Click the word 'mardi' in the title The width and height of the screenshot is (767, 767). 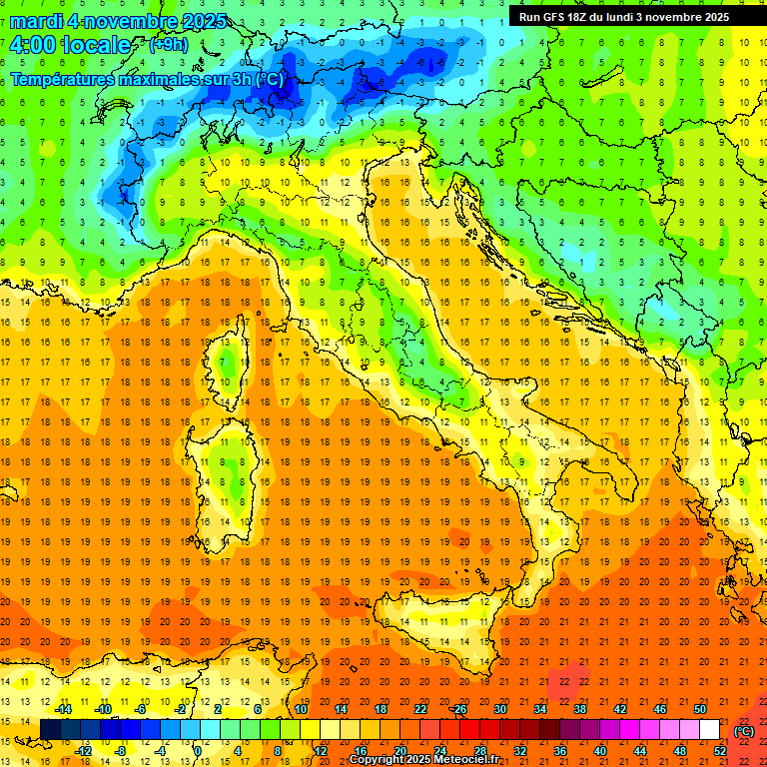coord(37,21)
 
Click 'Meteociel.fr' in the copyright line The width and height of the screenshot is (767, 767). coord(464,760)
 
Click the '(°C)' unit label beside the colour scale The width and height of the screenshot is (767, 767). coord(744,731)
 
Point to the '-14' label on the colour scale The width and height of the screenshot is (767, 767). coord(63,709)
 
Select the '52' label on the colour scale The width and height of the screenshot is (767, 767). coord(720,751)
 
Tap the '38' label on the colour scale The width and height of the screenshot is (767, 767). coord(580,709)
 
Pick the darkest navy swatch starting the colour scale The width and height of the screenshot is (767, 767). coord(50,730)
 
